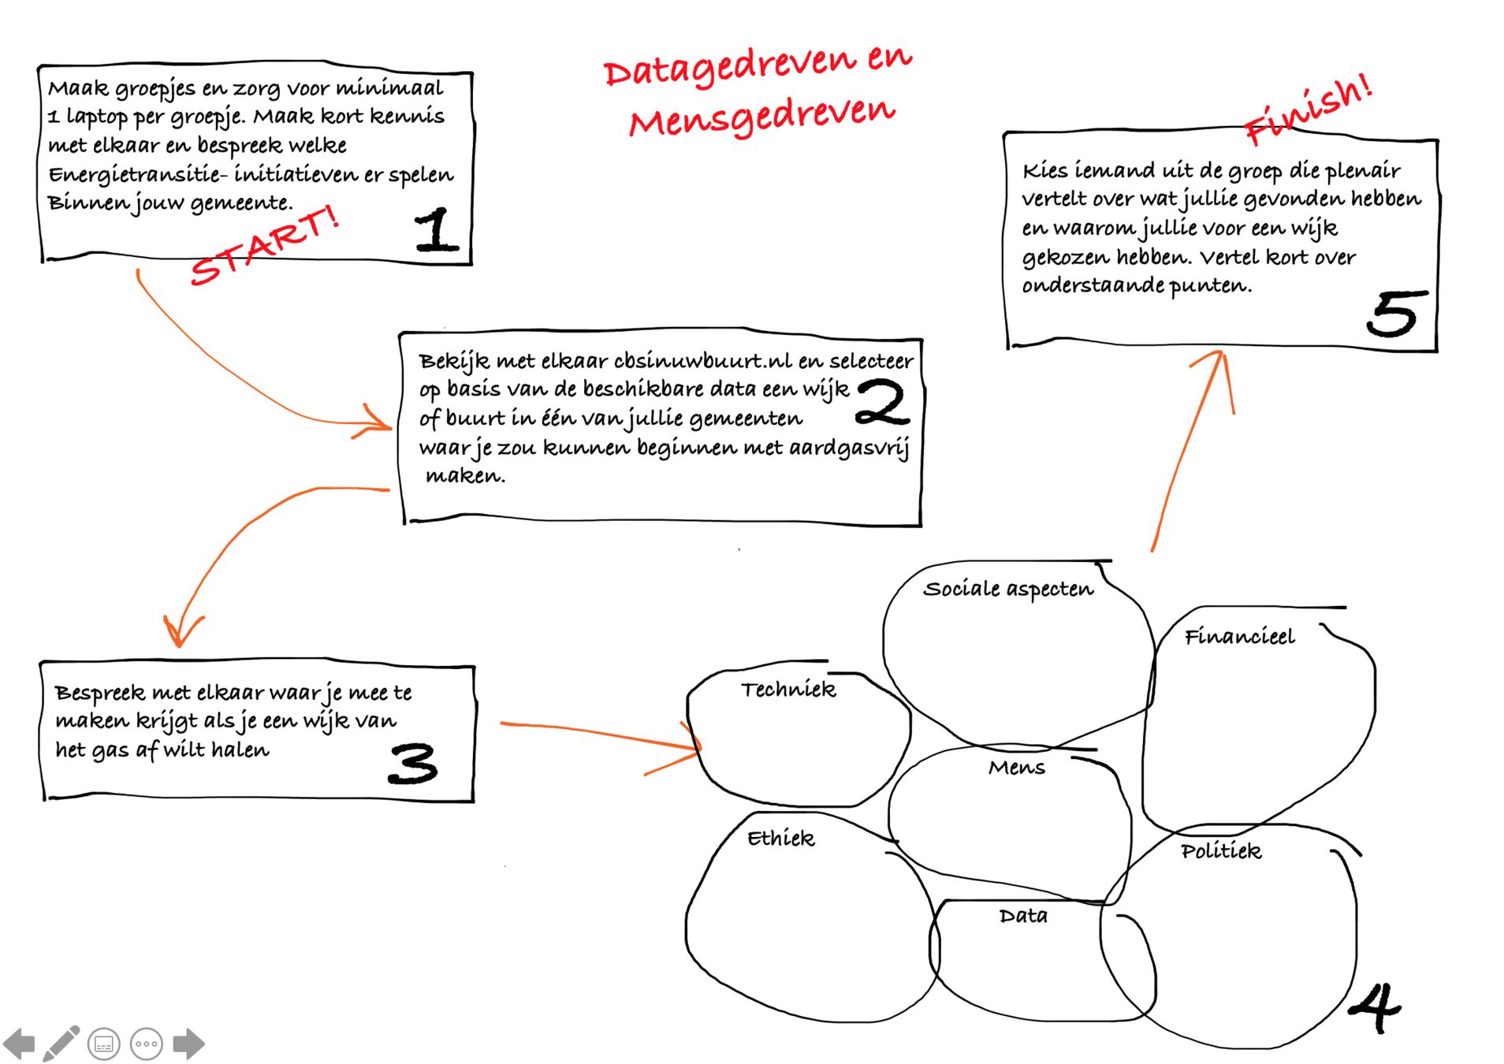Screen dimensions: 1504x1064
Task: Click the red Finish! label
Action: click(1308, 111)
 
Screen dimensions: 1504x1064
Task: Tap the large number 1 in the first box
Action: click(436, 230)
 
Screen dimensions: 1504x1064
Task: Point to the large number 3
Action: click(412, 764)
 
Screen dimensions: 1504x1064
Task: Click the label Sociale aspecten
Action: click(1008, 590)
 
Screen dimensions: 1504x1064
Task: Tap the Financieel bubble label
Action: click(1239, 637)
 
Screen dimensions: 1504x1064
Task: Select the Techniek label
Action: click(788, 690)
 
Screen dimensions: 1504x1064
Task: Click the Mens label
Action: click(1017, 768)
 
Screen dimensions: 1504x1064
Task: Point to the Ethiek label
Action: click(780, 838)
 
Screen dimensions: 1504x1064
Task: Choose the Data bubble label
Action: click(1023, 916)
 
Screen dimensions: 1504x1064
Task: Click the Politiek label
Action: click(1221, 851)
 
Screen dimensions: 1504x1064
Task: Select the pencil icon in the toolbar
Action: click(61, 1044)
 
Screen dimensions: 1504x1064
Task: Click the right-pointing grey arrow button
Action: click(188, 1044)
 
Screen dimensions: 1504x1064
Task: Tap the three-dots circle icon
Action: click(147, 1044)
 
